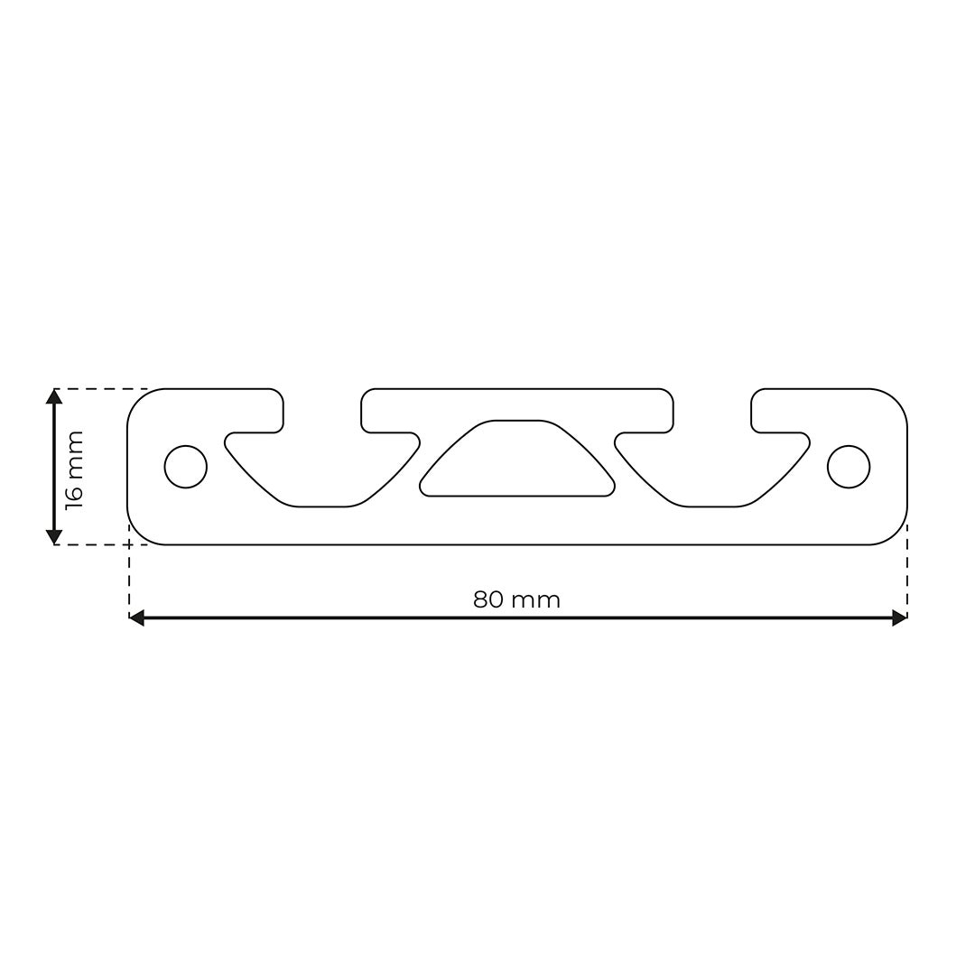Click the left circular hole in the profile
[185, 467]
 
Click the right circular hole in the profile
[849, 467]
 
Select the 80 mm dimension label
[516, 600]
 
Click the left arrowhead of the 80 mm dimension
[136, 617]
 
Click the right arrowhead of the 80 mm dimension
[899, 617]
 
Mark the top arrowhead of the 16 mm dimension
[54, 396]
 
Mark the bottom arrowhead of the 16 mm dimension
[54, 537]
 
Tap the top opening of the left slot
[322, 406]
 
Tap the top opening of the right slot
[712, 406]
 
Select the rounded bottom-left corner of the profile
[139, 534]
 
